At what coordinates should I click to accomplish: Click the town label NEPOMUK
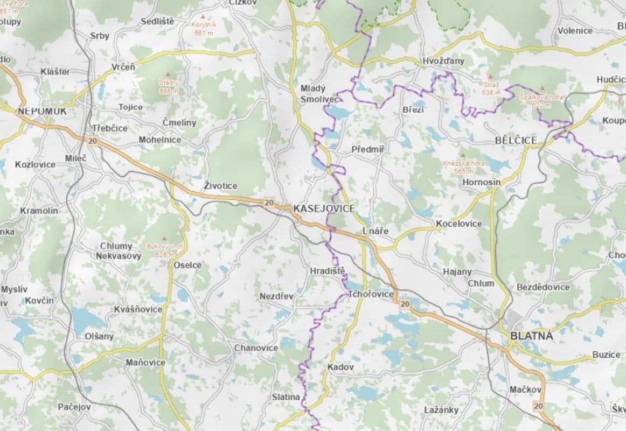(x=41, y=111)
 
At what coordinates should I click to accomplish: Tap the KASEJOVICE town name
(x=323, y=208)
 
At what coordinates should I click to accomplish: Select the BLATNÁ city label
(x=531, y=336)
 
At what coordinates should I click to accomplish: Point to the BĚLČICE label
(x=516, y=141)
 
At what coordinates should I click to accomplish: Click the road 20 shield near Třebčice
(x=93, y=141)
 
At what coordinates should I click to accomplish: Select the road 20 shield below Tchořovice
(x=405, y=304)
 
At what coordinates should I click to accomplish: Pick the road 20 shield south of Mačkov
(x=538, y=405)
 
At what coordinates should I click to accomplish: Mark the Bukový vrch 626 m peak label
(x=165, y=250)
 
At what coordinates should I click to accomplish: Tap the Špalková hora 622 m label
(x=541, y=101)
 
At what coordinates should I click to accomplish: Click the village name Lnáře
(x=375, y=231)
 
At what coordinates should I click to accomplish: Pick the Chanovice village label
(x=256, y=348)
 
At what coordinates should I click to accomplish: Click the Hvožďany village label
(x=443, y=61)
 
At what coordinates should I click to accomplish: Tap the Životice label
(x=220, y=186)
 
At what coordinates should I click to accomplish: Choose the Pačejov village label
(x=74, y=407)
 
